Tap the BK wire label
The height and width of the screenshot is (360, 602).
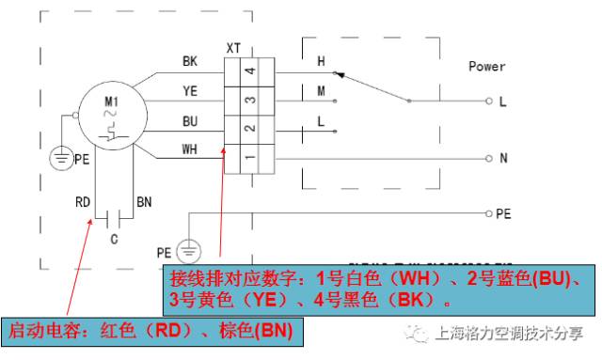[x=190, y=61]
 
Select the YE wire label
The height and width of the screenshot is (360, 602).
[x=190, y=90]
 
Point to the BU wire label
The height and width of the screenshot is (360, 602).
[x=190, y=120]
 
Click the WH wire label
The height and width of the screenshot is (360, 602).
[x=190, y=149]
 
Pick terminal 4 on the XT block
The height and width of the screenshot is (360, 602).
[x=248, y=70]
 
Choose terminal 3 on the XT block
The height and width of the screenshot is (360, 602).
[x=248, y=100]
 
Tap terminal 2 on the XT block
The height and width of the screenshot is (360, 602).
[x=248, y=129]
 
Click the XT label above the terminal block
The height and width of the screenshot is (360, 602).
[x=233, y=46]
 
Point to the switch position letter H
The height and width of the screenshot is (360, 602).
[x=321, y=62]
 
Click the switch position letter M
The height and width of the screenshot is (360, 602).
[x=321, y=91]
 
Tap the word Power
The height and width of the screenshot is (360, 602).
[x=486, y=67]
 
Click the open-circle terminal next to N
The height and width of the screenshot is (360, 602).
[x=488, y=158]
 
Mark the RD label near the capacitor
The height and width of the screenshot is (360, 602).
[x=83, y=202]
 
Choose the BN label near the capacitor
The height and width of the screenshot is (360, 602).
[x=144, y=202]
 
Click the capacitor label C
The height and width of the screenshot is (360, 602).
[x=114, y=240]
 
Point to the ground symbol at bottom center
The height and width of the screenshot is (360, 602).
[x=189, y=252]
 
